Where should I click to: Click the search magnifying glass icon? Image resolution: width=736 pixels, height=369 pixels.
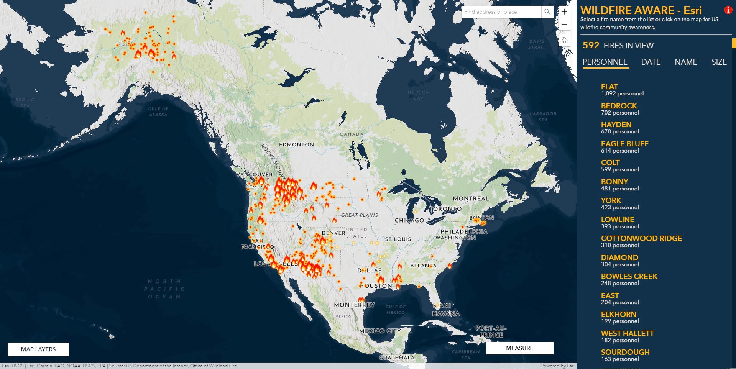click(547, 12)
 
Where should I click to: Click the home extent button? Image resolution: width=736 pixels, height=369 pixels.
click(565, 40)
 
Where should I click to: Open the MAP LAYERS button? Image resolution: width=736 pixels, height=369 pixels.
click(38, 349)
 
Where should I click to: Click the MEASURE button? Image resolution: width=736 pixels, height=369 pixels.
click(519, 348)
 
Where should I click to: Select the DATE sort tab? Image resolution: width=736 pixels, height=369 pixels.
click(651, 62)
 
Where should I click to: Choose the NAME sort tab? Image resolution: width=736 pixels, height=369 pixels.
click(686, 62)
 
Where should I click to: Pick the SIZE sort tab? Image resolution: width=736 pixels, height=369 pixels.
click(719, 62)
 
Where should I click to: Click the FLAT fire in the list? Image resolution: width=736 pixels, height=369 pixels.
click(609, 87)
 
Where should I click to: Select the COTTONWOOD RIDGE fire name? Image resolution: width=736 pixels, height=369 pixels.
click(641, 238)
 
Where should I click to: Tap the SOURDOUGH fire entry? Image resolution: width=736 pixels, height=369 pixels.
click(625, 352)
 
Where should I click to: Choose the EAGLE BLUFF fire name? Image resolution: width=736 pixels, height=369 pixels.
click(624, 144)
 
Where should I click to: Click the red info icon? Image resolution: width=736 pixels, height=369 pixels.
click(728, 10)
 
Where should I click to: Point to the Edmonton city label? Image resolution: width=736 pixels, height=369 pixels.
click(296, 144)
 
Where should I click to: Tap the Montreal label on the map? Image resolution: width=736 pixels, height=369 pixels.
click(471, 198)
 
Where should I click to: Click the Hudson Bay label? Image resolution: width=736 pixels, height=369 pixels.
click(419, 95)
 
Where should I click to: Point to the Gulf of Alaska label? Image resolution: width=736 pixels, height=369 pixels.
click(158, 112)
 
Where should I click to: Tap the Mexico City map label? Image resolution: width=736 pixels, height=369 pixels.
click(380, 331)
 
